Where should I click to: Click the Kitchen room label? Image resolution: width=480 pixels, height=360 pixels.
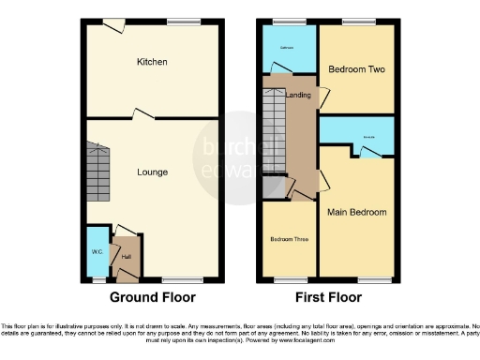point(152,62)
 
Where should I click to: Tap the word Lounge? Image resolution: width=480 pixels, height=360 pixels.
point(152,172)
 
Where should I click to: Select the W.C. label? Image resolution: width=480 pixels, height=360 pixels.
point(97,251)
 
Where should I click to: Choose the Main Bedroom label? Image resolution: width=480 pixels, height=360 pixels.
point(356,212)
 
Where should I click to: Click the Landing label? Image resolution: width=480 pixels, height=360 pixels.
point(298,95)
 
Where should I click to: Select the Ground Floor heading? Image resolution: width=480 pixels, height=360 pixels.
point(153,297)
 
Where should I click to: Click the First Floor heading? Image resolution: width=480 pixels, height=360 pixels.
point(328,297)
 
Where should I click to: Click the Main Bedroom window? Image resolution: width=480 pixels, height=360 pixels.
point(373,279)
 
